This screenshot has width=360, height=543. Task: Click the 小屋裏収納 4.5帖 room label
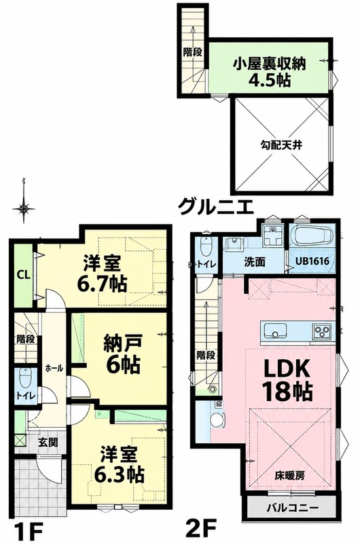[x=269, y=72]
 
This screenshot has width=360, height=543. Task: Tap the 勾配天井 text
[x=281, y=145]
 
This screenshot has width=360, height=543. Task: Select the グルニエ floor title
[x=216, y=207]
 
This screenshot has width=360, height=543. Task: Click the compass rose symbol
[x=24, y=208]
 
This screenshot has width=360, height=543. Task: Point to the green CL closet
[x=24, y=276]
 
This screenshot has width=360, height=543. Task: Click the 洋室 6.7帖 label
[x=102, y=274]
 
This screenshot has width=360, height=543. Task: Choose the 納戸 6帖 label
[x=123, y=355]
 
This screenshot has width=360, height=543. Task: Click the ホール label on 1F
[x=54, y=368]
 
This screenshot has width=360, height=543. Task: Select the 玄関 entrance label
[x=48, y=442]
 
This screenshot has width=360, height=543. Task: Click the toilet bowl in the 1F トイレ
[x=26, y=378]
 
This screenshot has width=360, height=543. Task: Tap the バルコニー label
[x=293, y=508]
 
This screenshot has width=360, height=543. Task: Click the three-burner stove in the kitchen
[x=323, y=331]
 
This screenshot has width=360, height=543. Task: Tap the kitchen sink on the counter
[x=276, y=331]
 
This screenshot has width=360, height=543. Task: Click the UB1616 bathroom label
[x=312, y=261]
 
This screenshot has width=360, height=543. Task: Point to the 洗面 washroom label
[x=255, y=262]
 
